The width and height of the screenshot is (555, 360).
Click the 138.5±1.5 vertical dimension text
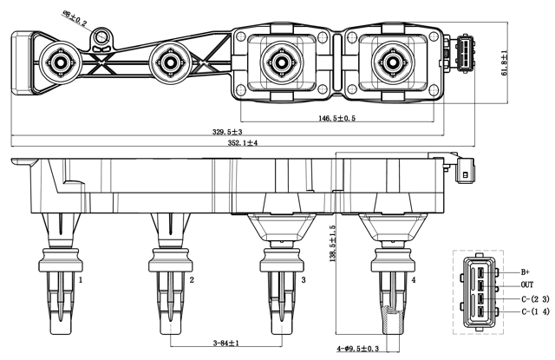[x=333, y=245]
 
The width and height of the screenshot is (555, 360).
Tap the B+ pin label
[x=526, y=272]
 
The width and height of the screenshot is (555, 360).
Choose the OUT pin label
[x=527, y=285]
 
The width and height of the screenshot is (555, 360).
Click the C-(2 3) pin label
[x=535, y=298]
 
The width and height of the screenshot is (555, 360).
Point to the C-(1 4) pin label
[x=535, y=311]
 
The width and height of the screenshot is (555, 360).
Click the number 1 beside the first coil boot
[x=82, y=280]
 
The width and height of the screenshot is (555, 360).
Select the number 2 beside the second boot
[x=192, y=280]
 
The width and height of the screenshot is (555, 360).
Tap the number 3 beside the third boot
[x=303, y=280]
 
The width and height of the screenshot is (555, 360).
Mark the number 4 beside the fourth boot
[x=414, y=280]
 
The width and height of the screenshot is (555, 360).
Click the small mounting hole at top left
[x=104, y=36]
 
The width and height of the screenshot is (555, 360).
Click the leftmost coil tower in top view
[x=61, y=62]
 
